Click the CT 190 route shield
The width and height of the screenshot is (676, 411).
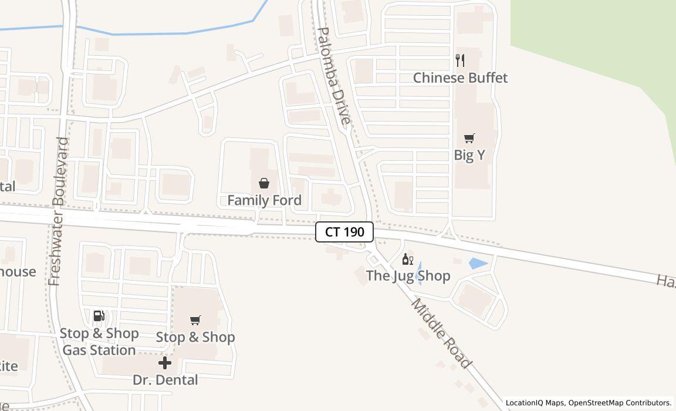click(344, 232)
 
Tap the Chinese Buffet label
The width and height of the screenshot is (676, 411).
click(460, 78)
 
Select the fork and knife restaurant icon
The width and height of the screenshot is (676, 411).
click(460, 60)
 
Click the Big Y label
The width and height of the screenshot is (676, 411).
click(469, 155)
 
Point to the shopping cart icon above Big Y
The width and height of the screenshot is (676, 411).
click(469, 139)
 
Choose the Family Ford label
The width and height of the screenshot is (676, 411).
click(264, 200)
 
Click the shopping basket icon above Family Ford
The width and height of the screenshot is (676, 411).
click(264, 183)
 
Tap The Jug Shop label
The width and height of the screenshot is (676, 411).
click(408, 275)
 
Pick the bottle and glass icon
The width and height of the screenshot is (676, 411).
click(407, 259)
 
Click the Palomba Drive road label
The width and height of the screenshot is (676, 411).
click(333, 77)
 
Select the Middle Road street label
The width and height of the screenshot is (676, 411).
click(441, 333)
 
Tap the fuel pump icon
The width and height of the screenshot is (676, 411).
click(99, 316)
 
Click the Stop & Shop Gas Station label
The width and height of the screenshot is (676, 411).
click(99, 342)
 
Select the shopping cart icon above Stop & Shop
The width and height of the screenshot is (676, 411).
click(195, 320)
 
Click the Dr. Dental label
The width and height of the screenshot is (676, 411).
click(165, 380)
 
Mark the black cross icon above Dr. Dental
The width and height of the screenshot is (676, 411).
click(165, 363)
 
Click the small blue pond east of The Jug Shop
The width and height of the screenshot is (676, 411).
click(478, 264)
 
